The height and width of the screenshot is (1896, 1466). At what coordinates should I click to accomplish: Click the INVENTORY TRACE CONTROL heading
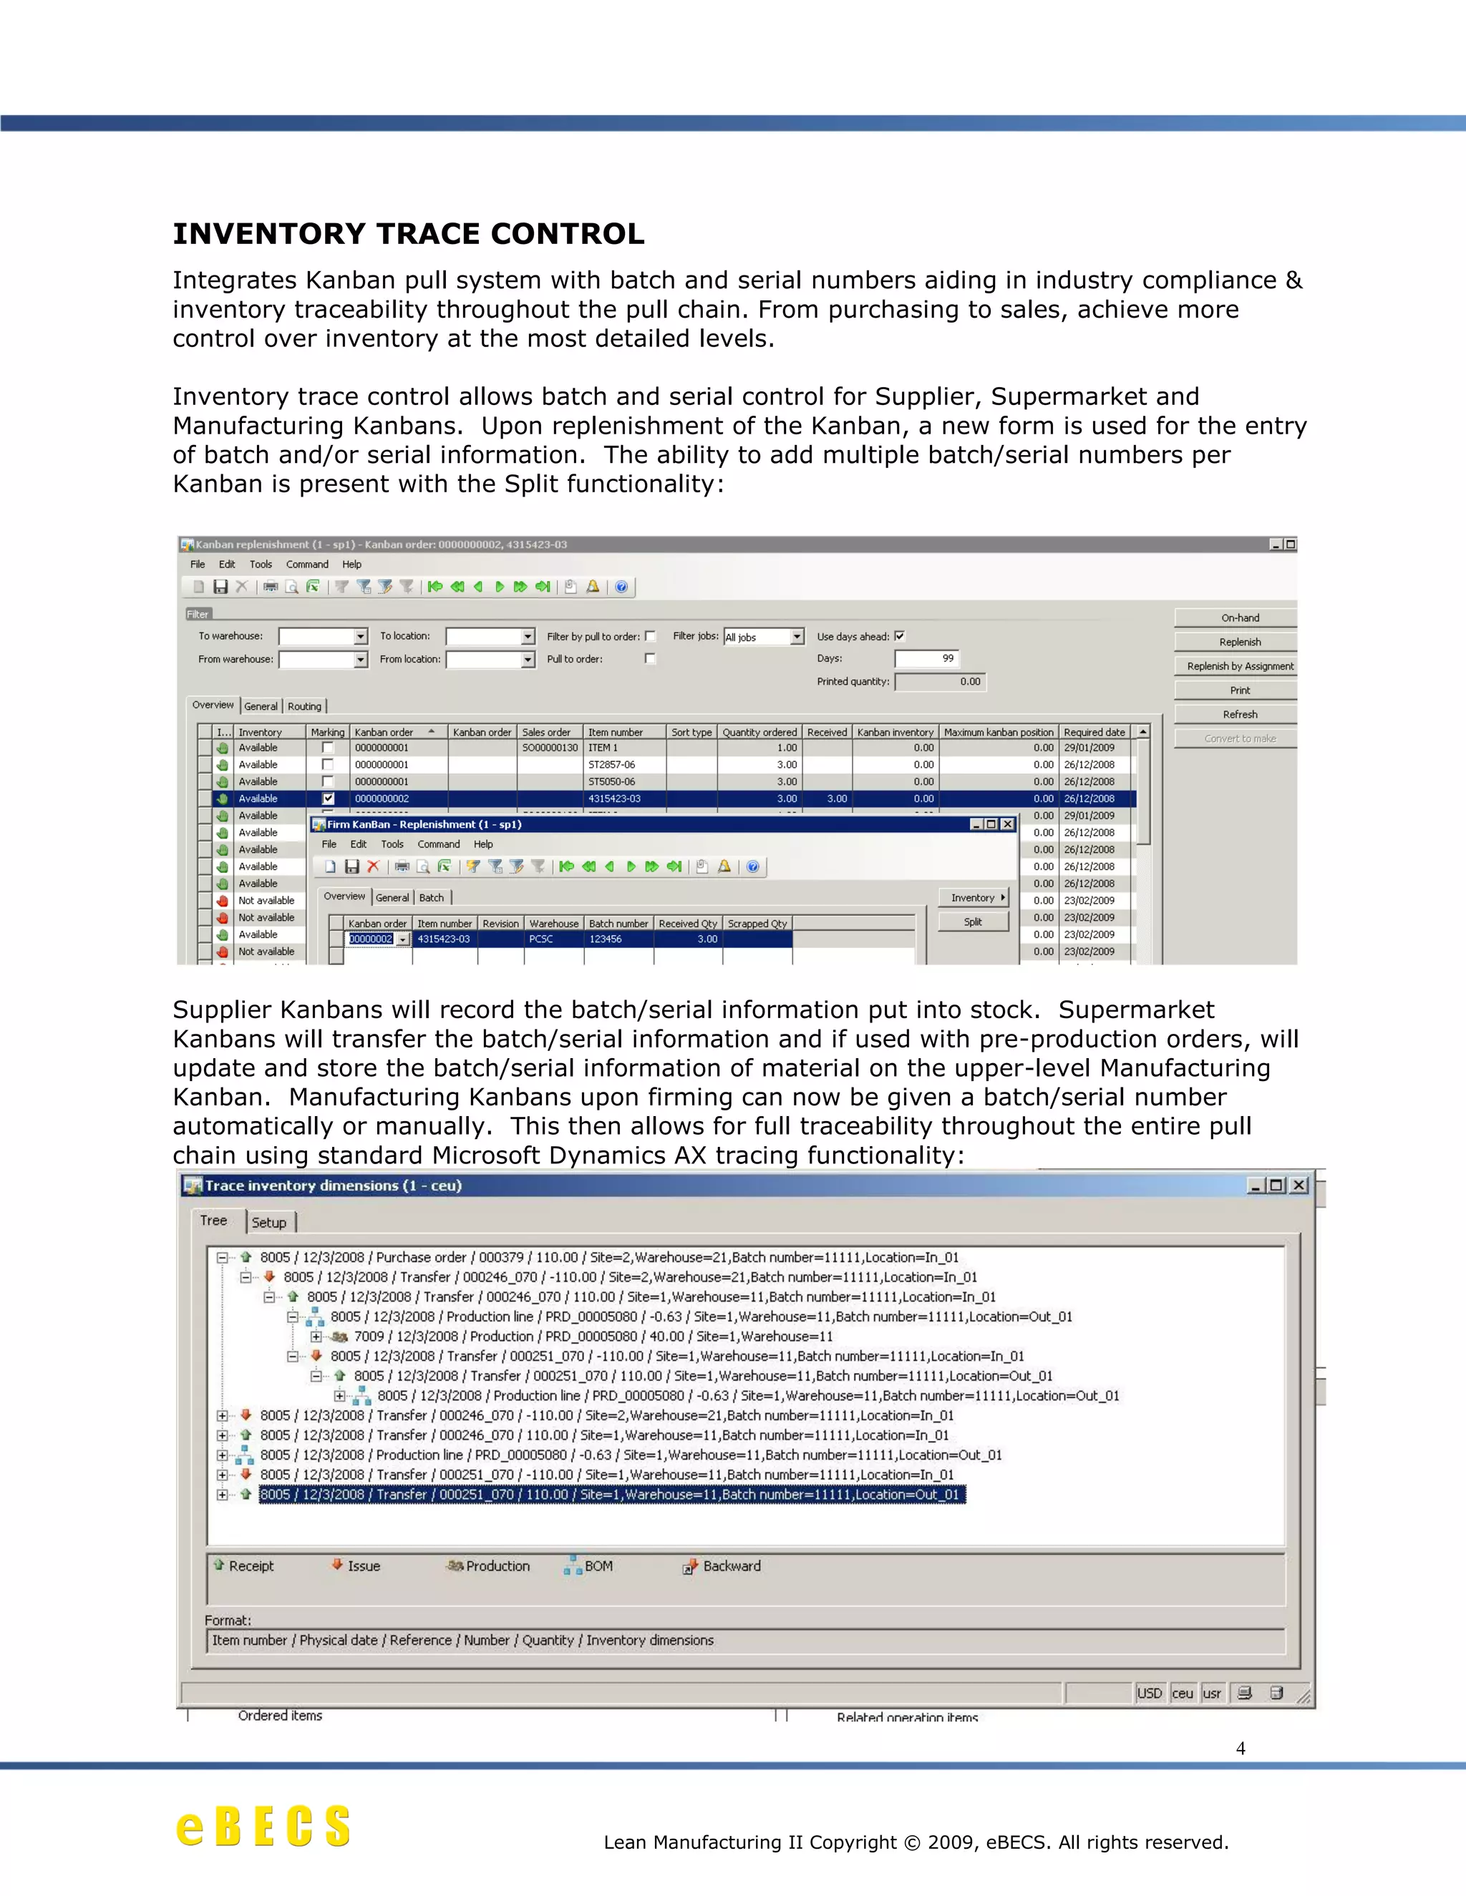click(408, 235)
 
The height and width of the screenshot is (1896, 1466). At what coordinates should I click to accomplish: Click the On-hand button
click(1239, 618)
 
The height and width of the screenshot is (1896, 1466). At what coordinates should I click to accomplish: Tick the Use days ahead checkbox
click(900, 635)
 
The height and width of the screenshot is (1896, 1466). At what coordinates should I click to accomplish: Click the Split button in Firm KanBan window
click(973, 922)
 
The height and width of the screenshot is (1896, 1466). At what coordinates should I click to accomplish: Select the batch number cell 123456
click(606, 939)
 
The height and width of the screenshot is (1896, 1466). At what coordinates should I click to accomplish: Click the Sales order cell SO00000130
click(550, 748)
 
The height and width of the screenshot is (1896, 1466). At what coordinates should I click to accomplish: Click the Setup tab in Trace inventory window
click(269, 1222)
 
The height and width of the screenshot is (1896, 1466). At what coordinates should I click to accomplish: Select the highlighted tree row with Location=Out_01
click(611, 1494)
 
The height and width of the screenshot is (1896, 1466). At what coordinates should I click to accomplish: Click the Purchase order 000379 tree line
click(608, 1257)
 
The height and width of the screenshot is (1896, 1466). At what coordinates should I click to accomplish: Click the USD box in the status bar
click(1149, 1693)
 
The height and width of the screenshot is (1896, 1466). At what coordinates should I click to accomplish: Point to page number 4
click(1241, 1749)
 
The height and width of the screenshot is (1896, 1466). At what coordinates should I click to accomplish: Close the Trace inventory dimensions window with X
click(1298, 1185)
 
